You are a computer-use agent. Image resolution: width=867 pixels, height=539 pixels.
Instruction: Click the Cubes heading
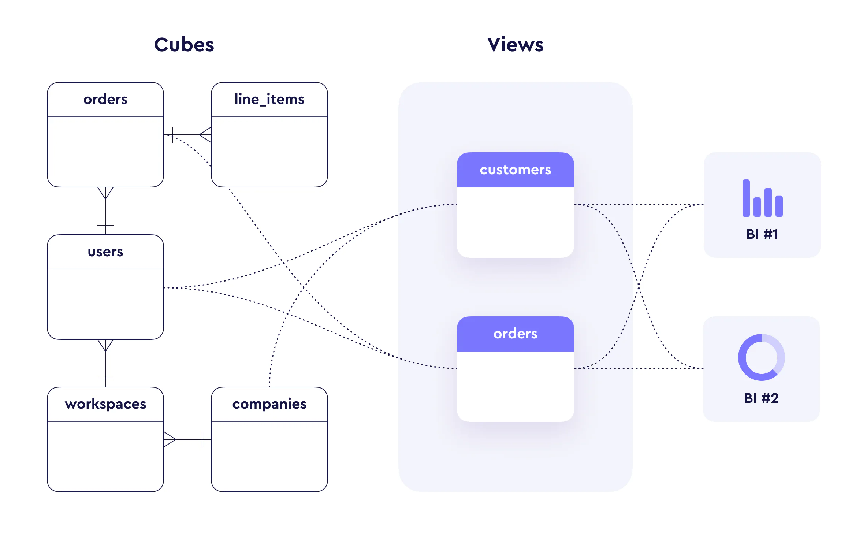point(184,45)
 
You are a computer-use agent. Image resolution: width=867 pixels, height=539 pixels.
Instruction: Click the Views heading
point(515,45)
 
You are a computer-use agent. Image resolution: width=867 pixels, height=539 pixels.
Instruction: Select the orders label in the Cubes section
point(105,99)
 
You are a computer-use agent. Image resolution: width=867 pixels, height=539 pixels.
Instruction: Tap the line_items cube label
point(269,99)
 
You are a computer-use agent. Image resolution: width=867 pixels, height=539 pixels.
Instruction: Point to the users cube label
point(105,252)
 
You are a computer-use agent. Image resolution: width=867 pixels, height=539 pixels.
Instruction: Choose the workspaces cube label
point(105,404)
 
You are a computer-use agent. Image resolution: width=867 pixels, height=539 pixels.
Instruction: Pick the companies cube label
point(269,404)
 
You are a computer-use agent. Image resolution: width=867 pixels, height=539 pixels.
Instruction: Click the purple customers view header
point(515,170)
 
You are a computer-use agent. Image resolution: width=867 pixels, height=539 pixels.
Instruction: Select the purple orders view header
point(515,334)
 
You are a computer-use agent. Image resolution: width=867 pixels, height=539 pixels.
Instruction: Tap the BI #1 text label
point(762,234)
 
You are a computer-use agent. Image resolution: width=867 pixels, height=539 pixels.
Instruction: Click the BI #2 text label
point(761,398)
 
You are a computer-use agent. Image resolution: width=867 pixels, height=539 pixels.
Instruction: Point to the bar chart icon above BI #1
point(762,198)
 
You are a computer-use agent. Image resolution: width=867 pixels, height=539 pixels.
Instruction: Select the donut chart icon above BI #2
point(761,357)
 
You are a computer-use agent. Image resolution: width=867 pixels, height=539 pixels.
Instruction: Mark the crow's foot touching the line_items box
point(206,135)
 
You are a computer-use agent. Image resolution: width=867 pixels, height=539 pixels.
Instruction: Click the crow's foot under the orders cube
point(105,193)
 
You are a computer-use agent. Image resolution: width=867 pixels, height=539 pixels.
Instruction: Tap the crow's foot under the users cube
point(105,345)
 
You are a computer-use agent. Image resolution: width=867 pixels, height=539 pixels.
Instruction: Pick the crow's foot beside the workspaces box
point(169,439)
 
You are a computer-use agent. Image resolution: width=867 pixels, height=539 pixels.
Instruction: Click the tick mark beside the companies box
point(202,439)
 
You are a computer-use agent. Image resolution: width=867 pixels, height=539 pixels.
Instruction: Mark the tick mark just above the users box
point(105,226)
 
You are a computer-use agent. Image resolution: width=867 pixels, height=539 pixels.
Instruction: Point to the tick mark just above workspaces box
point(105,378)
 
